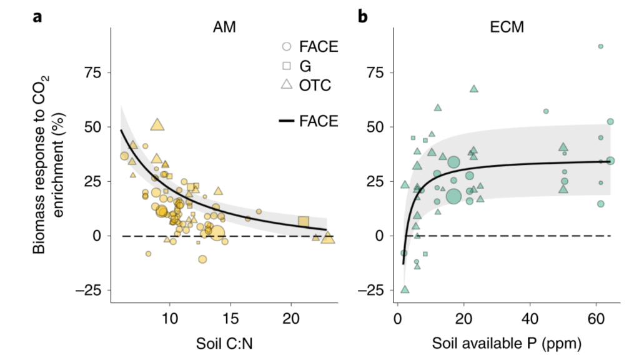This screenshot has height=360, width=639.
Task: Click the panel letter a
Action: pos(37,17)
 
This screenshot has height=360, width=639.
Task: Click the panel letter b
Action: pos(363,17)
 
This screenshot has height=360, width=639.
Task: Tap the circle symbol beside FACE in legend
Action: pos(285,46)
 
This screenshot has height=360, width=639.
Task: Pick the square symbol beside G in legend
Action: pos(285,66)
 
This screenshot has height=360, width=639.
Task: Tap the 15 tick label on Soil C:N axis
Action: pos(230,319)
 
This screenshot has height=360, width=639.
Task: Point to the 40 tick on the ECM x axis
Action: pos(530,319)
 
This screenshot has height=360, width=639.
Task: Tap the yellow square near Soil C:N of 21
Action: pos(304,222)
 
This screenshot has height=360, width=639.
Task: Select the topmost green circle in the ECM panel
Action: pos(600,46)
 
